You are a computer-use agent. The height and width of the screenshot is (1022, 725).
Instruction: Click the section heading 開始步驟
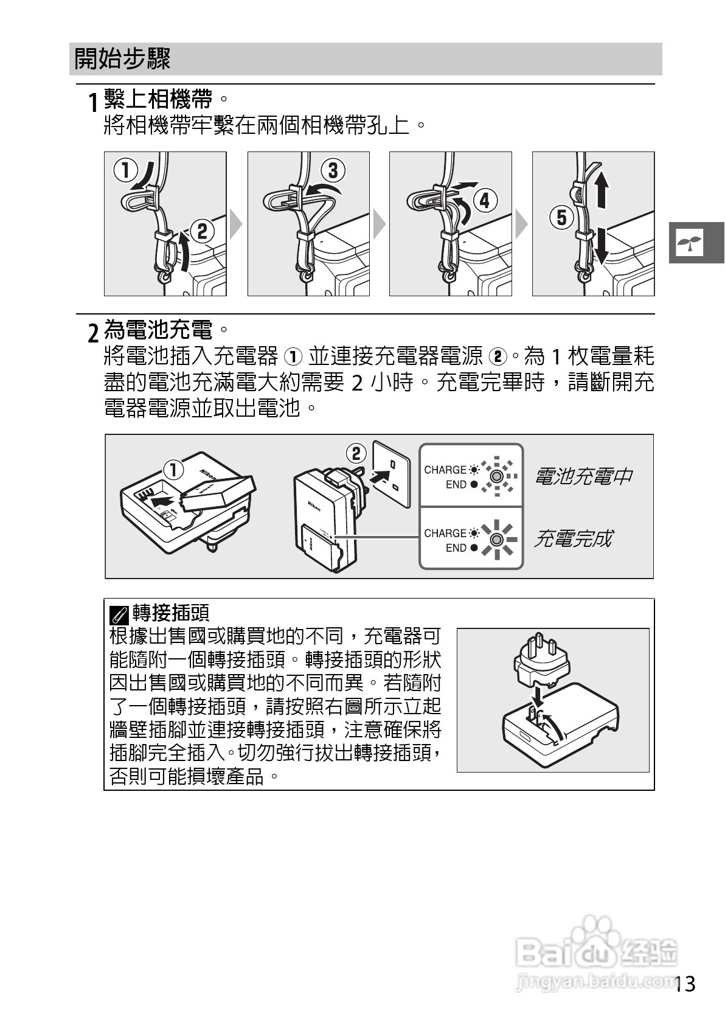pos(122,59)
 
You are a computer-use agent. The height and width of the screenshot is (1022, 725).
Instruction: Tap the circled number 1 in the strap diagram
pos(125,170)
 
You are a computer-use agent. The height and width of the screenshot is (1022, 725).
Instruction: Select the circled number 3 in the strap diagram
pos(333,171)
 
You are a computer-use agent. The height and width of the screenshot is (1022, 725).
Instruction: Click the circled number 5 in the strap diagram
pos(561,217)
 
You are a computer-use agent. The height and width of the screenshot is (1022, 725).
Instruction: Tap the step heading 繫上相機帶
pos(158,97)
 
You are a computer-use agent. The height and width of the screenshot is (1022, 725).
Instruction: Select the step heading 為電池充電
pos(158,330)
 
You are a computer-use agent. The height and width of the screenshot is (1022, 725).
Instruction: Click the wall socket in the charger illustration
pos(395,473)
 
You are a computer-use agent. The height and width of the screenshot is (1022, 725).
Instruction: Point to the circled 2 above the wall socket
pos(356,453)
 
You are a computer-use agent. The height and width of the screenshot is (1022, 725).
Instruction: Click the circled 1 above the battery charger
pos(173,469)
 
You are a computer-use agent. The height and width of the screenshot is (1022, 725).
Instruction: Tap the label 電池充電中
pos(583,476)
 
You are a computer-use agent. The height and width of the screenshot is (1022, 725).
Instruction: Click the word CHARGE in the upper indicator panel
pos(445,470)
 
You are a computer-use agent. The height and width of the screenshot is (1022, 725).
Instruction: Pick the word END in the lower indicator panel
pos(456,548)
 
